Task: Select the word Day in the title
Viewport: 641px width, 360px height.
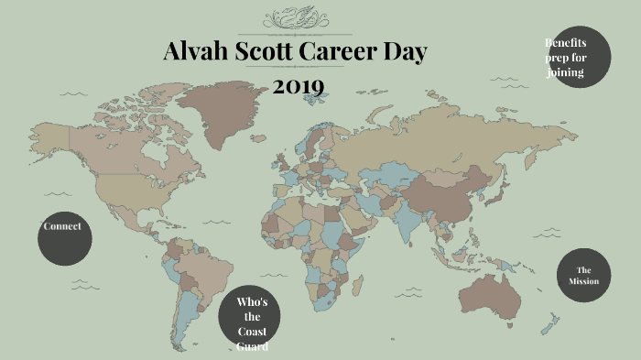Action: [404, 53]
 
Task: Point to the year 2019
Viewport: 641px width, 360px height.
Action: [299, 87]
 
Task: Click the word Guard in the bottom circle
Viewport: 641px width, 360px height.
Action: [253, 346]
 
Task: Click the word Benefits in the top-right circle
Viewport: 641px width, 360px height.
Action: [566, 43]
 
